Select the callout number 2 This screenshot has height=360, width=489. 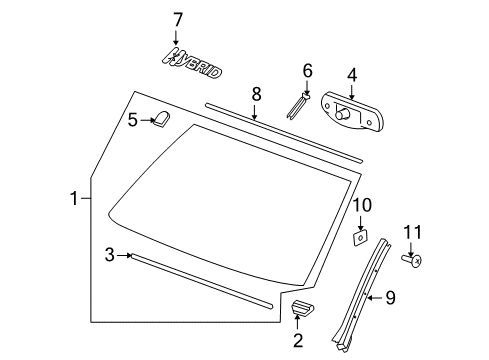click(297, 342)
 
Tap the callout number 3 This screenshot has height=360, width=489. click(109, 256)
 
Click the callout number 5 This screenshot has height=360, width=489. click(132, 120)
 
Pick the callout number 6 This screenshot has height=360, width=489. click(307, 70)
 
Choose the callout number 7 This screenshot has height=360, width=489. click(178, 19)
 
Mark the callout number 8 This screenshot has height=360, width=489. click(256, 93)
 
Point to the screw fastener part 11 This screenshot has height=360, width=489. click(411, 259)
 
